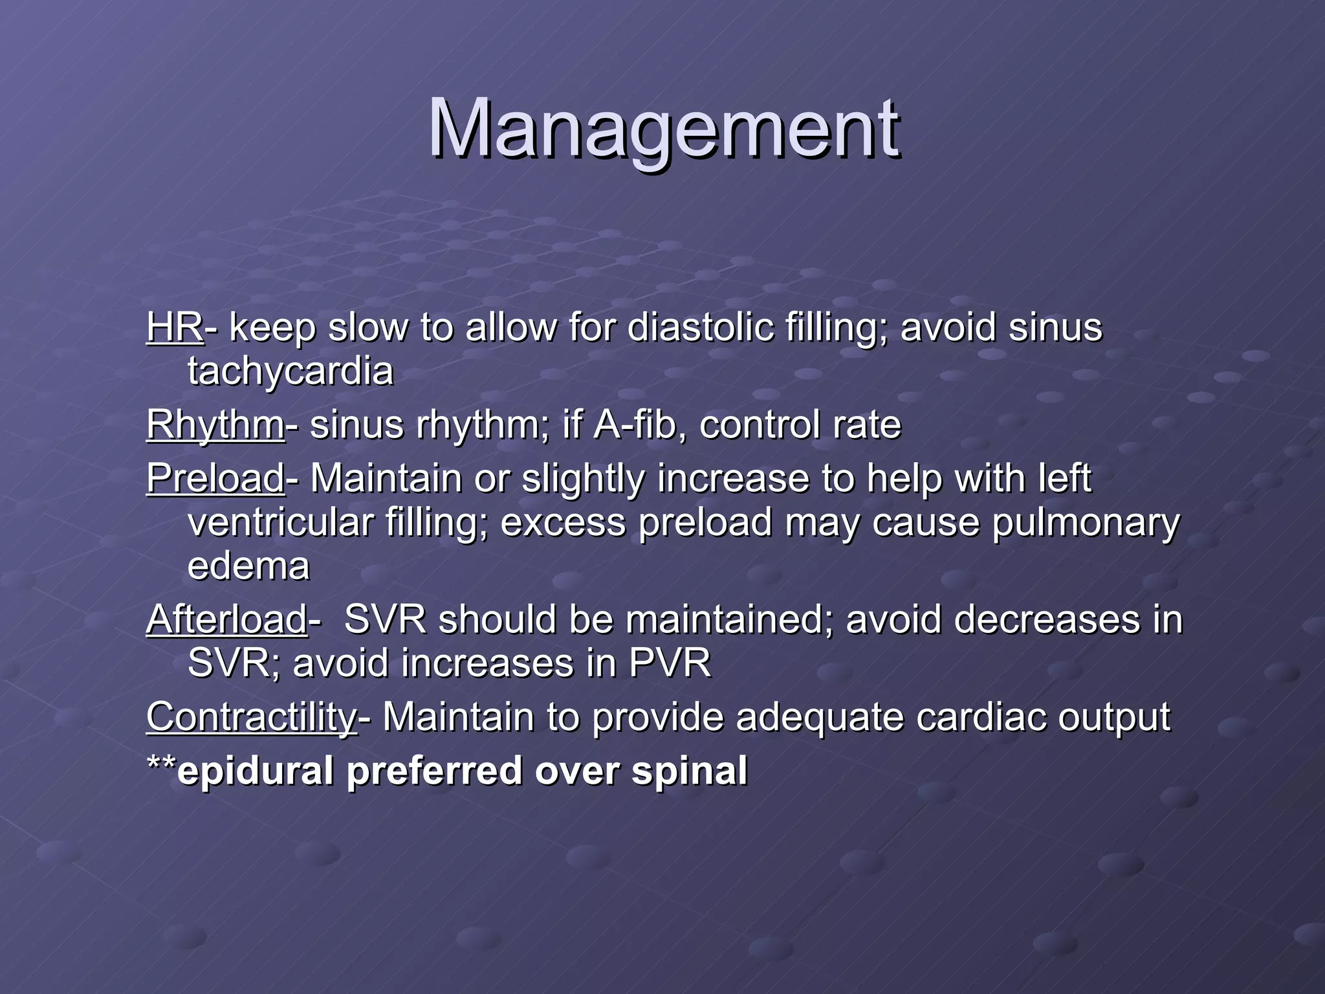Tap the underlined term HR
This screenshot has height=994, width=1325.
pyautogui.click(x=174, y=327)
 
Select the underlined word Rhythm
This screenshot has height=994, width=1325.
pyautogui.click(x=214, y=425)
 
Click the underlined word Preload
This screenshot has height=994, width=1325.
pyautogui.click(x=215, y=479)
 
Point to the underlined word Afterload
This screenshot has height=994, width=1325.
pyautogui.click(x=226, y=619)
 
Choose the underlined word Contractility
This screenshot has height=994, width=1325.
pyautogui.click(x=251, y=717)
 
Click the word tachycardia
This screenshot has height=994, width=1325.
pyautogui.click(x=290, y=371)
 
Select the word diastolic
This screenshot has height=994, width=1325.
pyautogui.click(x=700, y=327)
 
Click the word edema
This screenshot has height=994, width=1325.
pyautogui.click(x=248, y=566)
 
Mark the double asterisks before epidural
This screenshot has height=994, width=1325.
pyautogui.click(x=161, y=764)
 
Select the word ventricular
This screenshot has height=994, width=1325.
pyautogui.click(x=280, y=522)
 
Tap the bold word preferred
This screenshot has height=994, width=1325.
pyautogui.click(x=434, y=771)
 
